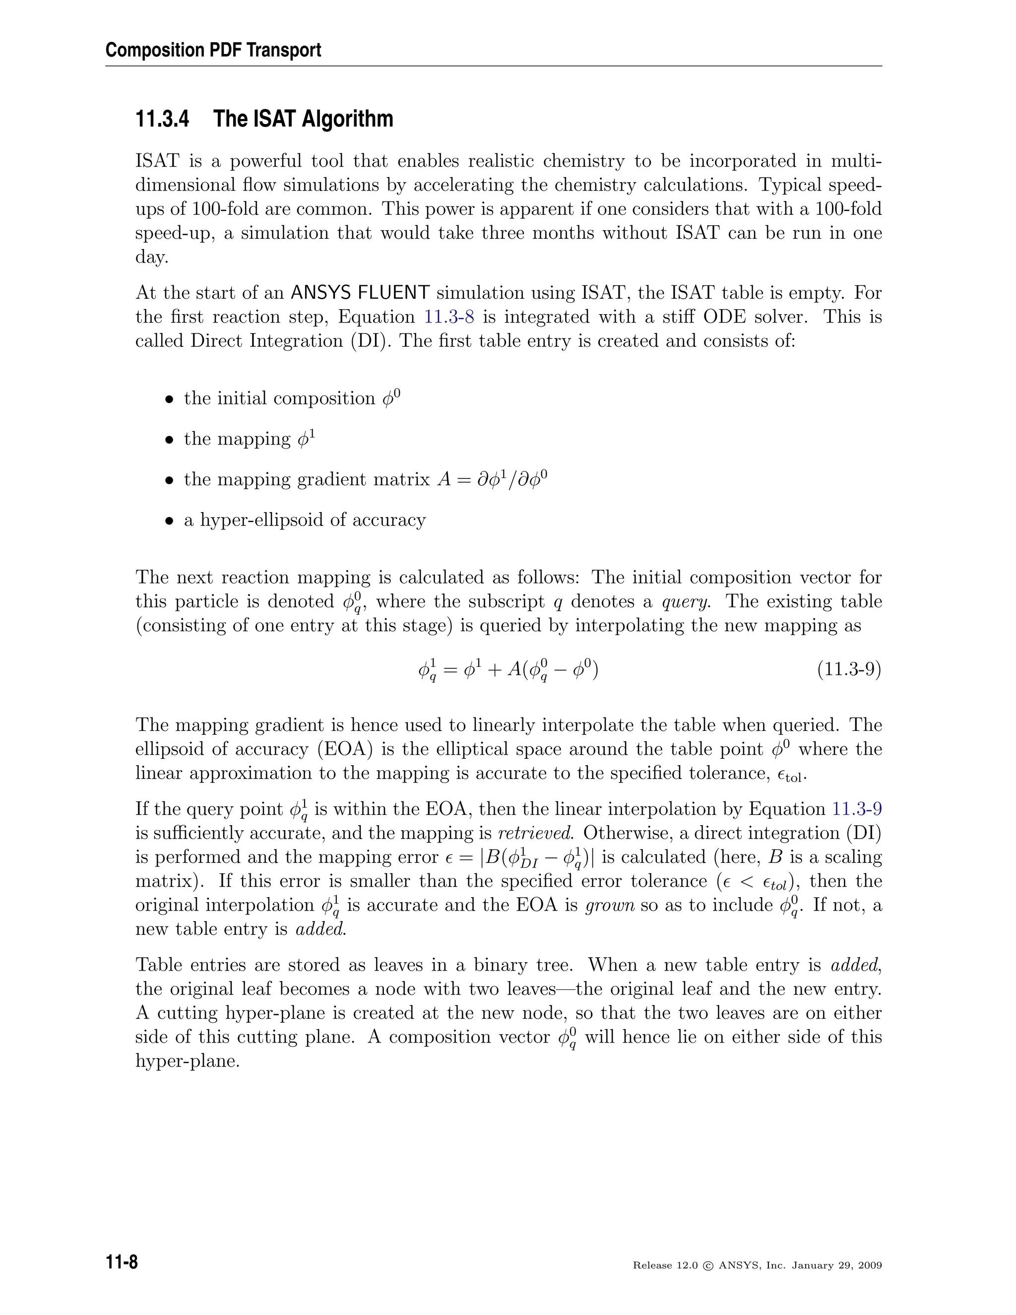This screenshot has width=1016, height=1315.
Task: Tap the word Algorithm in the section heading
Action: tap(347, 119)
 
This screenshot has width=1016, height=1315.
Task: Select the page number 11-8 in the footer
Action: tap(122, 1262)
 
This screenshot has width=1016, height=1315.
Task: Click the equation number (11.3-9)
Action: tap(849, 669)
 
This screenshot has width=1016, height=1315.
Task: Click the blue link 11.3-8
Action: tap(449, 317)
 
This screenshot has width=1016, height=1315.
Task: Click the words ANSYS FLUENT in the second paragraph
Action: tap(360, 293)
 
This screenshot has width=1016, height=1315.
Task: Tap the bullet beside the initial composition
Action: tap(170, 399)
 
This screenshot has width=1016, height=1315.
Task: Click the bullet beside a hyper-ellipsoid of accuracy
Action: tap(170, 521)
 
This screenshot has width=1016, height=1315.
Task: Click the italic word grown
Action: tap(610, 905)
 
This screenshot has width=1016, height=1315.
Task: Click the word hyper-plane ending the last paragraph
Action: tap(187, 1061)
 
